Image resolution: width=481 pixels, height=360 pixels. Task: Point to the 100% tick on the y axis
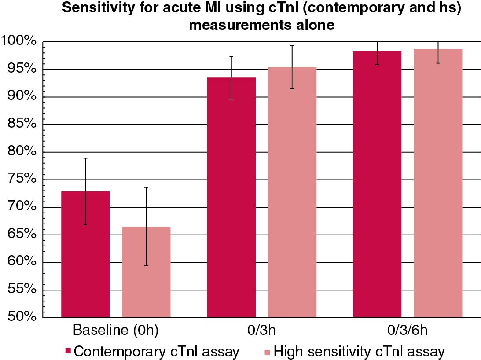coord(21,42)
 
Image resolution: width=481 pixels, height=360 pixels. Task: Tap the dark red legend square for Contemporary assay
coord(68,351)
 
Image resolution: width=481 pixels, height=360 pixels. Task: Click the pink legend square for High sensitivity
coord(267,351)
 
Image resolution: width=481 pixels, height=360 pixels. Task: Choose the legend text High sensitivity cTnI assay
coord(359,351)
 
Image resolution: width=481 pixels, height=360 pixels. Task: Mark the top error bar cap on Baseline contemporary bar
coord(85,158)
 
